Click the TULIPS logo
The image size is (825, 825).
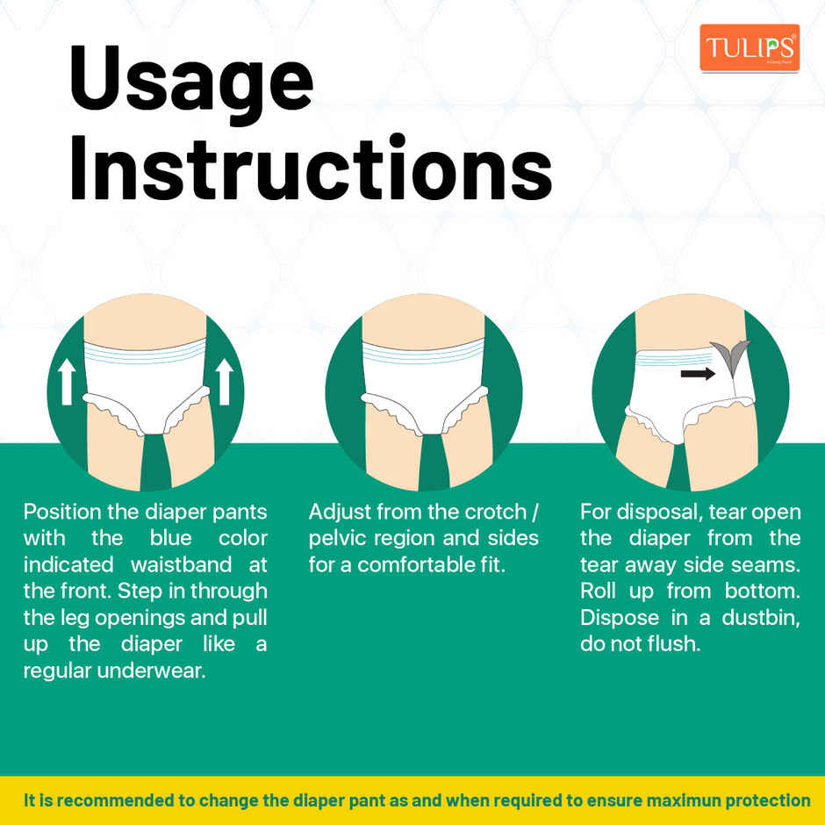(x=749, y=47)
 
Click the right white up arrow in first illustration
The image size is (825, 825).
(x=225, y=381)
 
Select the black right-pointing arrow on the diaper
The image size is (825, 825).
(x=698, y=374)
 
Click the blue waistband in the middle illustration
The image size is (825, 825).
(x=423, y=353)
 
